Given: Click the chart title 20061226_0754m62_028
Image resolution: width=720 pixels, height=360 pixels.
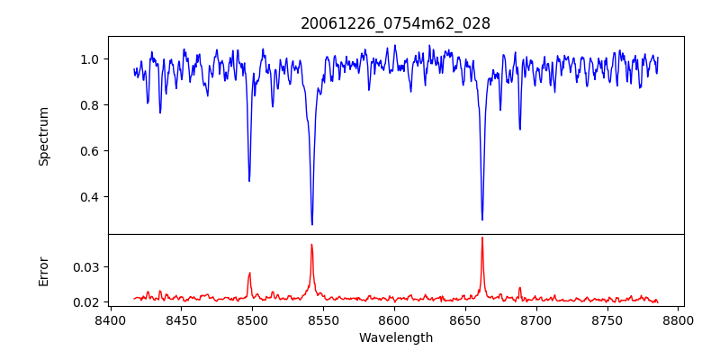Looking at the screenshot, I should click(x=395, y=23).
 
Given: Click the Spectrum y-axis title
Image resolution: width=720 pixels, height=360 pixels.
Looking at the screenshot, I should click(x=43, y=136).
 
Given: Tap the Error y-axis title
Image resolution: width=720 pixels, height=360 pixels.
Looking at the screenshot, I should click(x=43, y=271).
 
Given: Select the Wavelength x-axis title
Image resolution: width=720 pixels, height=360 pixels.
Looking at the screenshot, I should click(x=395, y=337).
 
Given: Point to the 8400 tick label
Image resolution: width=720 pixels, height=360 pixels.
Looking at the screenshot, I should click(x=110, y=319).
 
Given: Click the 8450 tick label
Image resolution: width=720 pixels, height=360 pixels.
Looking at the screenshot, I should click(x=181, y=319).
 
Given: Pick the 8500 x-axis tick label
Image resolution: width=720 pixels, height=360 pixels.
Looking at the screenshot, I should click(x=252, y=319).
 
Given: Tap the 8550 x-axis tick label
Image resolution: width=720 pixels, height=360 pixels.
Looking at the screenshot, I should click(x=323, y=319).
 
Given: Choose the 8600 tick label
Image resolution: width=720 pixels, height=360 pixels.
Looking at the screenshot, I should click(x=394, y=319).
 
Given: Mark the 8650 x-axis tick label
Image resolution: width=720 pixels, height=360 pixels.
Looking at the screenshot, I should click(x=465, y=319).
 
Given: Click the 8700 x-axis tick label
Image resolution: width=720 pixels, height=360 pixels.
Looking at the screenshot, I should click(x=536, y=319).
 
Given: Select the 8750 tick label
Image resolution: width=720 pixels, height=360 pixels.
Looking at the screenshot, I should click(x=607, y=319).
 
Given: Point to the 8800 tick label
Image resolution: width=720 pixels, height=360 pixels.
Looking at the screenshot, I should click(x=679, y=319).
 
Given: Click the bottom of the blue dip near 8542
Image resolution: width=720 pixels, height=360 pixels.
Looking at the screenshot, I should click(x=312, y=224).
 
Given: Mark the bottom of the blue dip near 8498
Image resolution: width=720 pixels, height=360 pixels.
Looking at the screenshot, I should click(x=249, y=181).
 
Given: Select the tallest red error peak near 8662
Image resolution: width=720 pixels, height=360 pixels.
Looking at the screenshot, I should click(x=482, y=238).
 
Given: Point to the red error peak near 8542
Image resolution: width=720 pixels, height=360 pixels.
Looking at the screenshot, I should click(x=311, y=245).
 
